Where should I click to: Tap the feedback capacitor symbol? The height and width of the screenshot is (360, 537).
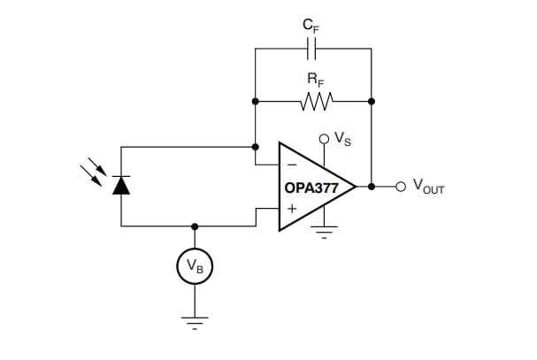click(x=312, y=50)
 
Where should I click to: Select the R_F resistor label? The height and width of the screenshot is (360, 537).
click(x=314, y=80)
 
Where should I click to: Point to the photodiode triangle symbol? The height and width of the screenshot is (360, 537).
click(x=121, y=185)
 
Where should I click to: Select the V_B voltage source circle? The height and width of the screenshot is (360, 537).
click(x=195, y=264)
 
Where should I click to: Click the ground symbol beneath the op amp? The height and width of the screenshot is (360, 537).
click(x=324, y=234)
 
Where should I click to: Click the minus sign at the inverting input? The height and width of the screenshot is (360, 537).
click(x=291, y=165)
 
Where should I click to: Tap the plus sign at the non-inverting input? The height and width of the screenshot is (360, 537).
click(x=291, y=210)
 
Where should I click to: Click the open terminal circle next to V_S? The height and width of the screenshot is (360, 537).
click(x=324, y=139)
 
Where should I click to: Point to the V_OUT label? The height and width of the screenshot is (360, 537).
click(x=427, y=188)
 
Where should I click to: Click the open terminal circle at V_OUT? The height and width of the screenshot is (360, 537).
click(x=401, y=187)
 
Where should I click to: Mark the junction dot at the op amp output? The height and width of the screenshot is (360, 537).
click(x=372, y=187)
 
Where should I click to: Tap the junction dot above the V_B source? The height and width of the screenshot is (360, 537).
click(x=195, y=226)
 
